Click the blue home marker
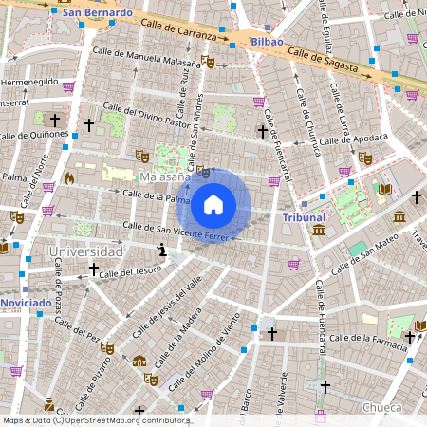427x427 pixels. click(213, 204)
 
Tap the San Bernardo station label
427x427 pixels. click(97, 14)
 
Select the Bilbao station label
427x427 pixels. click(269, 43)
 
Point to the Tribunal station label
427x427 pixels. click(304, 217)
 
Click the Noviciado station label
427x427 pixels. click(26, 302)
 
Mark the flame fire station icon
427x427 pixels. click(68, 176)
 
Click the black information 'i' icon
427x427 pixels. click(162, 250)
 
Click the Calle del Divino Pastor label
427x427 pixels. click(146, 115)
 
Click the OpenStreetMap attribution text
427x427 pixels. click(95, 419)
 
